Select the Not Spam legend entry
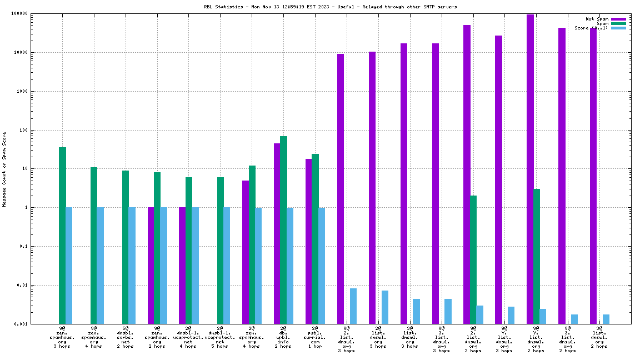pyautogui.click(x=597, y=19)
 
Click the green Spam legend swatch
pyautogui.click(x=618, y=23)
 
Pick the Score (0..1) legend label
pyautogui.click(x=591, y=28)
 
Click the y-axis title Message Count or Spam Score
pyautogui.click(x=4, y=169)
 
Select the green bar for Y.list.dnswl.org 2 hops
pyautogui.click(x=537, y=256)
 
